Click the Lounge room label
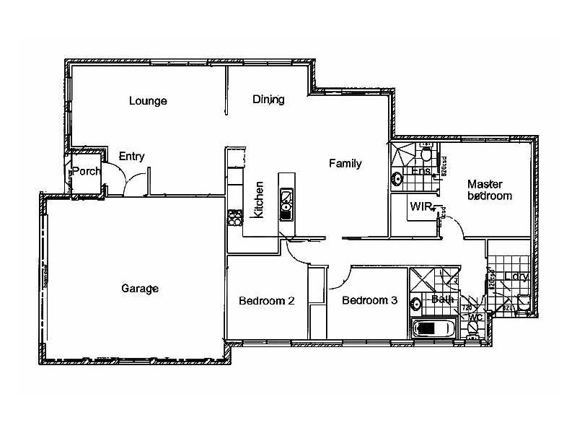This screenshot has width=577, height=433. click(148, 101)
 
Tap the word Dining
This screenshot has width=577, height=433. click(268, 100)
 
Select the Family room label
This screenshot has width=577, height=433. click(345, 164)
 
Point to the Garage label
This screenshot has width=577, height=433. click(139, 289)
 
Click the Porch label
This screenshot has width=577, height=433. click(86, 171)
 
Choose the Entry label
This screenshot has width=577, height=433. click(132, 156)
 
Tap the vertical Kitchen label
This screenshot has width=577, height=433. click(259, 199)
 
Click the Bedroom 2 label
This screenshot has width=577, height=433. click(266, 301)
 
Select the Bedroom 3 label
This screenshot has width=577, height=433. click(369, 301)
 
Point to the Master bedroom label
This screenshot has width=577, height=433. click(489, 190)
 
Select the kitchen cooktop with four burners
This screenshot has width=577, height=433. click(233, 215)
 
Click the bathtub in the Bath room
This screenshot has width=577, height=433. click(433, 329)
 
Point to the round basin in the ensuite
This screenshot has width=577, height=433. click(397, 178)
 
